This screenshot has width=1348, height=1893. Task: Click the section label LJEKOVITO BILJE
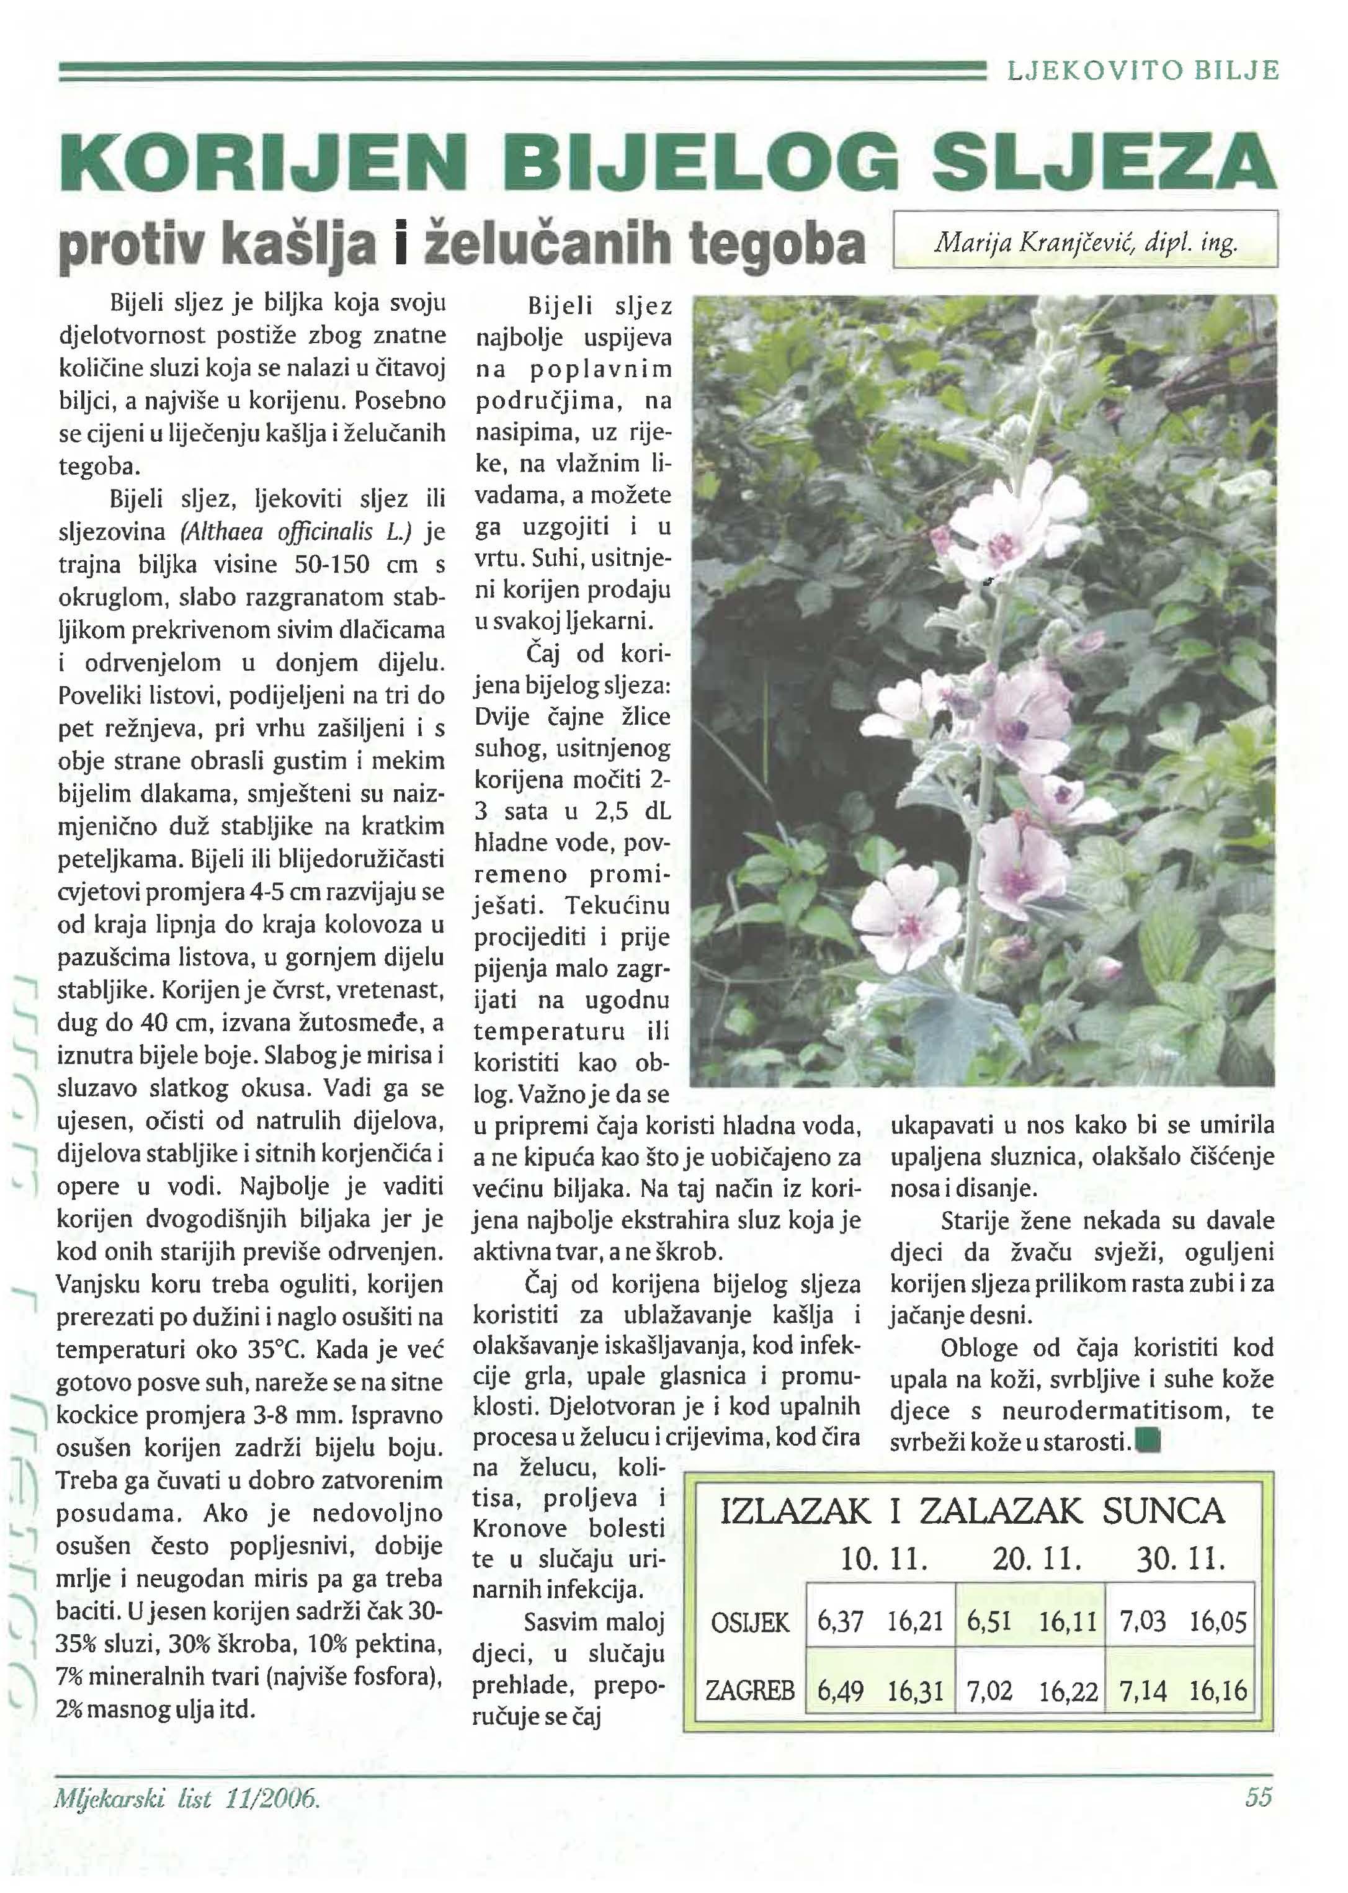coord(1143,71)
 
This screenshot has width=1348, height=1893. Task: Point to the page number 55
coord(1258,1797)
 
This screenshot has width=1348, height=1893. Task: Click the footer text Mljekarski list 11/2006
coord(187,1798)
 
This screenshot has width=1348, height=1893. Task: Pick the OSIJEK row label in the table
coord(749,1621)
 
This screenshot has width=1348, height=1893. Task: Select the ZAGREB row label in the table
coord(749,1690)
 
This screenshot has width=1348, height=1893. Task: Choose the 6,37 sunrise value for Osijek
coord(840,1621)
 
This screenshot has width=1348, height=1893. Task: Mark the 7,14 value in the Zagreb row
coord(1143,1690)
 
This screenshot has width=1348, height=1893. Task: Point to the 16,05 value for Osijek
coord(1218,1621)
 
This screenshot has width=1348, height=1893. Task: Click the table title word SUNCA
coord(1164,1511)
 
